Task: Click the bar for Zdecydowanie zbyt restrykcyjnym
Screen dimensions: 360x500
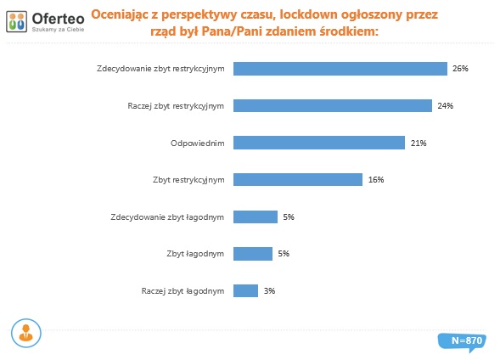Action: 340,69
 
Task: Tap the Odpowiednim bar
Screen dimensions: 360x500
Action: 318,143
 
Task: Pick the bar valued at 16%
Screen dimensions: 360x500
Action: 297,180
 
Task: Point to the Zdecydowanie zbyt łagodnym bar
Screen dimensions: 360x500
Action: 255,217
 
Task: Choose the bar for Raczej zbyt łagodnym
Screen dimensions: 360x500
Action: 245,290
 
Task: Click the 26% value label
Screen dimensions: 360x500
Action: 459,69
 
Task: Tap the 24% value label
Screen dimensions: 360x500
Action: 446,106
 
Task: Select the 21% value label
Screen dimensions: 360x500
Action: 418,143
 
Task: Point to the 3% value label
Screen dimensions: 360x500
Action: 269,290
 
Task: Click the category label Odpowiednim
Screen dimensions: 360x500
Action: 198,143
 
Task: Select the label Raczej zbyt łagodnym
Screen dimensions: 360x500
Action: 183,290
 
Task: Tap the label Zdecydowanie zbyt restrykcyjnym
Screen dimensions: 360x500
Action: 160,69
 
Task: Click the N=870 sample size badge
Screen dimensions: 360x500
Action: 466,340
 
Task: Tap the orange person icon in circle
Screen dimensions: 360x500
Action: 26,334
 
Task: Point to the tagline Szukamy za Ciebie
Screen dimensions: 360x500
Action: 59,29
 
